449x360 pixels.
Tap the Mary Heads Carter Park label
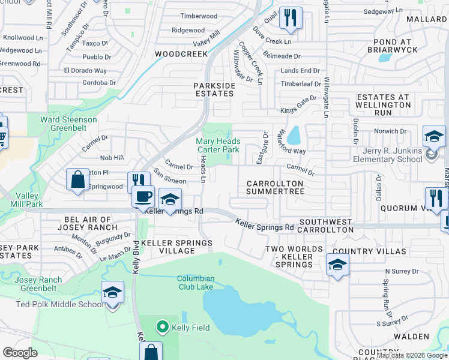click(218, 145)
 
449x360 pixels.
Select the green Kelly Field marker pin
click(161, 327)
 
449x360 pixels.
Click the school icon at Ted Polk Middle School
click(112, 293)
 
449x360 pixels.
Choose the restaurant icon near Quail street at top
click(291, 18)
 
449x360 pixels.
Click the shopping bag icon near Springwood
click(77, 179)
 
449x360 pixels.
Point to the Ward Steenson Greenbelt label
click(68, 124)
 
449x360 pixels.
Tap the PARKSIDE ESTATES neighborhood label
click(214, 89)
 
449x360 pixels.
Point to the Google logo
click(20, 353)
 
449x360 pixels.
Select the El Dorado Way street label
click(85, 70)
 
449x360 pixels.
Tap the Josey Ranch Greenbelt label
click(38, 284)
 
